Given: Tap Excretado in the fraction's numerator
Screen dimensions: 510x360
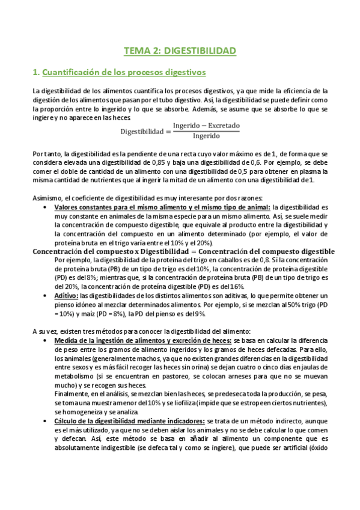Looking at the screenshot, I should [x=220, y=126].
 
